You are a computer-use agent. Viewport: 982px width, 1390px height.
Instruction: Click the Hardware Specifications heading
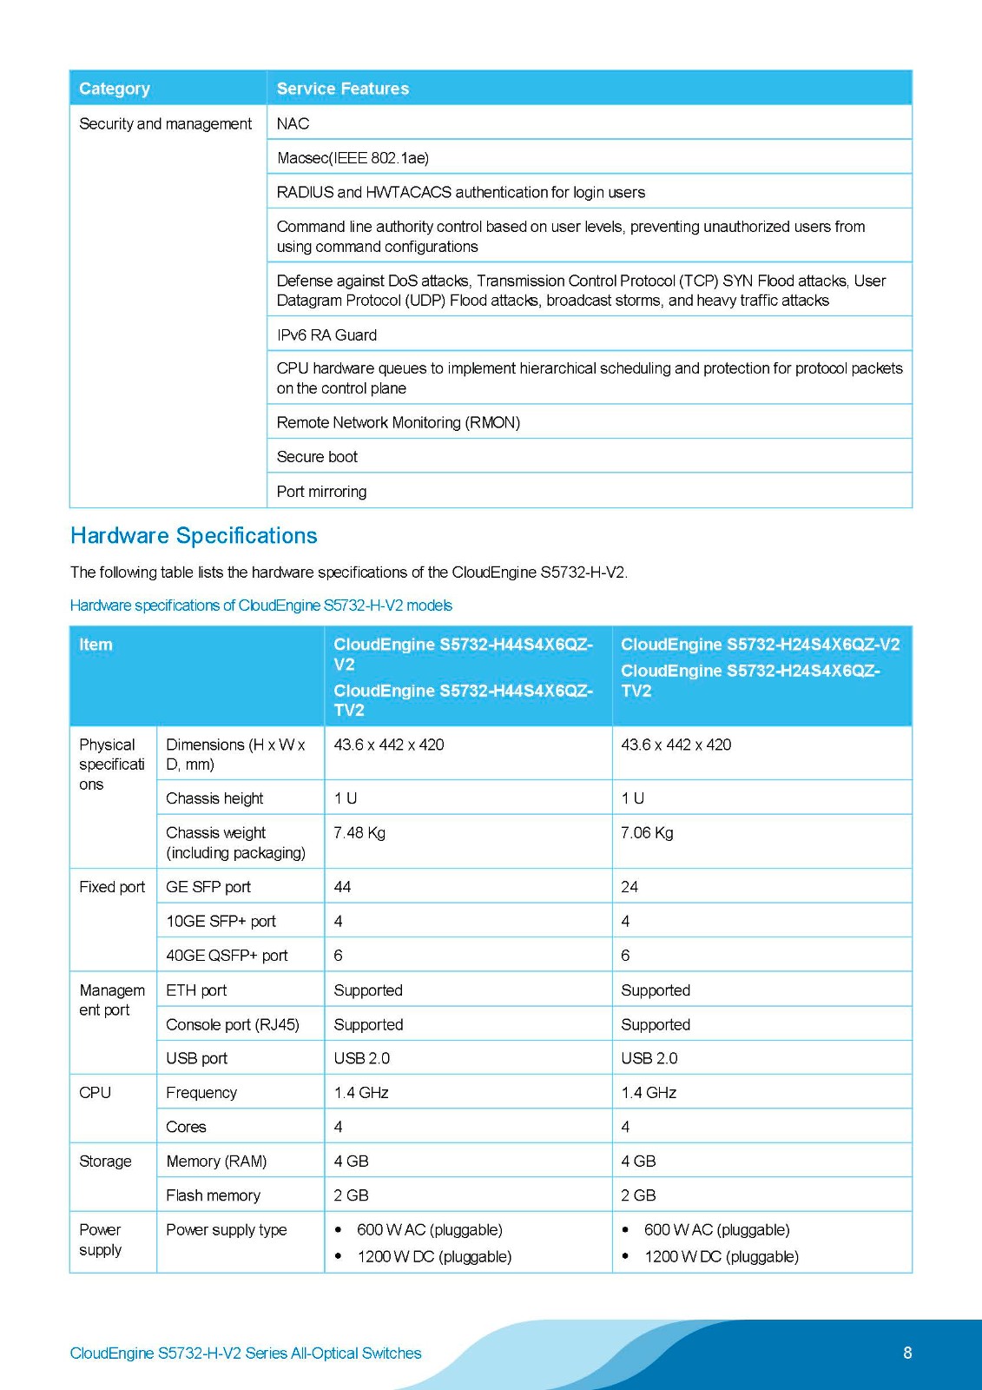click(x=194, y=536)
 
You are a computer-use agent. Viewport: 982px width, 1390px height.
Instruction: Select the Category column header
click(x=115, y=89)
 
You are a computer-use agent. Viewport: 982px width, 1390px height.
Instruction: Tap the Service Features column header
click(x=342, y=89)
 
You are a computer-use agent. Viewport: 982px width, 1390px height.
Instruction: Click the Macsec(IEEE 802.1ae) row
click(x=353, y=158)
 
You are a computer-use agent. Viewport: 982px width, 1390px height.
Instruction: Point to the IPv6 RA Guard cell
click(x=326, y=335)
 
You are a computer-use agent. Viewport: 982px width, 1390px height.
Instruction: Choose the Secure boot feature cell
click(x=317, y=457)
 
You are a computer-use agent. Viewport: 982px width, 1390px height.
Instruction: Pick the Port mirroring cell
click(x=321, y=492)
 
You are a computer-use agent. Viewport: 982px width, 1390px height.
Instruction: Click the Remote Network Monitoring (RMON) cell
click(x=398, y=423)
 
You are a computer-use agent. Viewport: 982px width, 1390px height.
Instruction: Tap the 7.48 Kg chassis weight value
click(x=359, y=833)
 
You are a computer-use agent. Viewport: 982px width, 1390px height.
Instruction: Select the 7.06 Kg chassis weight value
click(x=647, y=833)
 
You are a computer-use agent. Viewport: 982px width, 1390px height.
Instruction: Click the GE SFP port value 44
click(x=342, y=887)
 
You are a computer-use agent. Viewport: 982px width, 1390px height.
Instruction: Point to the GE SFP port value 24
click(x=629, y=887)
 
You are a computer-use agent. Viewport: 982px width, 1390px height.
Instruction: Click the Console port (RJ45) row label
click(x=233, y=1025)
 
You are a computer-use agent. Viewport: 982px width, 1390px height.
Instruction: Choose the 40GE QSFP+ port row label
click(x=227, y=956)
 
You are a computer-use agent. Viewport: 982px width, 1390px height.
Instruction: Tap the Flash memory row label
click(x=213, y=1196)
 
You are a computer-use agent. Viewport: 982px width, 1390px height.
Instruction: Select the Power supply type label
click(x=226, y=1230)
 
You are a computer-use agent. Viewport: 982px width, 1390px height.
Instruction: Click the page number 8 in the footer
click(x=907, y=1353)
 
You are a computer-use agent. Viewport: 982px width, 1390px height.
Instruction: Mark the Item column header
click(x=96, y=645)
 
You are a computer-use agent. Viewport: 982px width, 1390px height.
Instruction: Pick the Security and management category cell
click(x=165, y=124)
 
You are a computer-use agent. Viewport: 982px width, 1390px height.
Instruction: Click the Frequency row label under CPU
click(x=201, y=1093)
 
